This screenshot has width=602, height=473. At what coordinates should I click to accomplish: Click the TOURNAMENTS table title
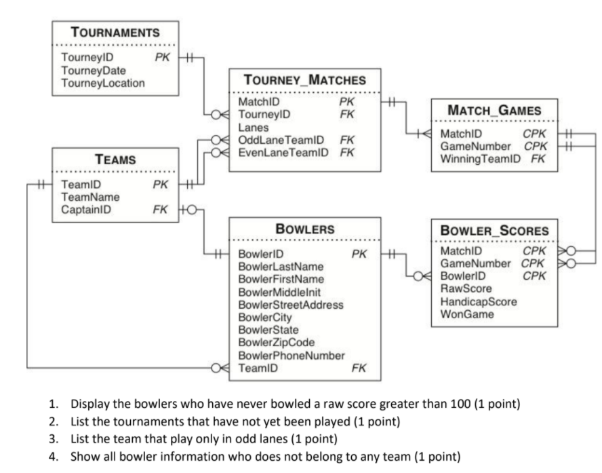pyautogui.click(x=115, y=32)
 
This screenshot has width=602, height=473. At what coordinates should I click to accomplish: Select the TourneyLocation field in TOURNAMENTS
pyautogui.click(x=102, y=83)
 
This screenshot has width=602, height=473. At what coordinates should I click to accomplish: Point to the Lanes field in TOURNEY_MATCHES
pyautogui.click(x=254, y=127)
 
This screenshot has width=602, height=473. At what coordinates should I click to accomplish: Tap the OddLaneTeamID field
pyautogui.click(x=281, y=140)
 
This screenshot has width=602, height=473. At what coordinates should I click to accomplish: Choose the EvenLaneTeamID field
pyautogui.click(x=283, y=152)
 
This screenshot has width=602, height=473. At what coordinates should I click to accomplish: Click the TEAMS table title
pyautogui.click(x=115, y=160)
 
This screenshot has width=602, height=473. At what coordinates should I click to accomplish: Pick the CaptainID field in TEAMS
pyautogui.click(x=86, y=209)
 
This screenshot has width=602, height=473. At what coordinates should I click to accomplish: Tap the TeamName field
pyautogui.click(x=90, y=197)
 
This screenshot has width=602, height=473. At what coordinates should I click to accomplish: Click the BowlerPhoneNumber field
pyautogui.click(x=292, y=355)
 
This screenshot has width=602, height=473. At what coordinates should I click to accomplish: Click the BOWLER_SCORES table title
pyautogui.click(x=494, y=230)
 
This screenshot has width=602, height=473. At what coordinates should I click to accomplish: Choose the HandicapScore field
pyautogui.click(x=478, y=301)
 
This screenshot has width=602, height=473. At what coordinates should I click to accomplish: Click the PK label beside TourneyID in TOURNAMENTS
pyautogui.click(x=162, y=58)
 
